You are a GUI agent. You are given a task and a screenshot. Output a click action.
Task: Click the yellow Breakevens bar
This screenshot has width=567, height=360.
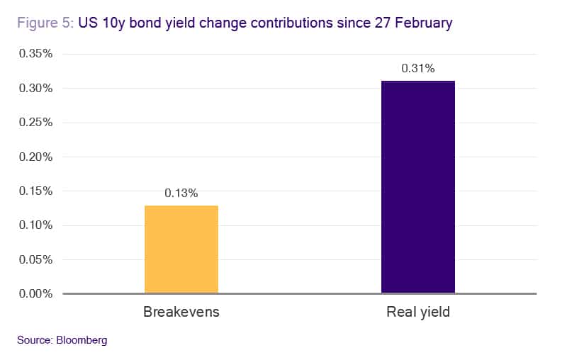(181, 249)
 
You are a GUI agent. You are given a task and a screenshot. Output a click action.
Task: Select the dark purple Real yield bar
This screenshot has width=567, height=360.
(417, 187)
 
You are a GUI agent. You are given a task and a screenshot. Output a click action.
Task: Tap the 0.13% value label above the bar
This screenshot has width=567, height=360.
(181, 193)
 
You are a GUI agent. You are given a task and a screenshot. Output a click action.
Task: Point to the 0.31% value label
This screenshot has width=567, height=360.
(417, 69)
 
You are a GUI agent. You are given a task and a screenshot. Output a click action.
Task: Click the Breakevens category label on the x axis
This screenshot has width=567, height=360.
(181, 312)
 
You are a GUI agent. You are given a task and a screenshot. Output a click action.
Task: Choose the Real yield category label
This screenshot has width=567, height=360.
(417, 312)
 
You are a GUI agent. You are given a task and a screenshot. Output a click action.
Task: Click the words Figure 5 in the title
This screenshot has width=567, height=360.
(40, 23)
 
